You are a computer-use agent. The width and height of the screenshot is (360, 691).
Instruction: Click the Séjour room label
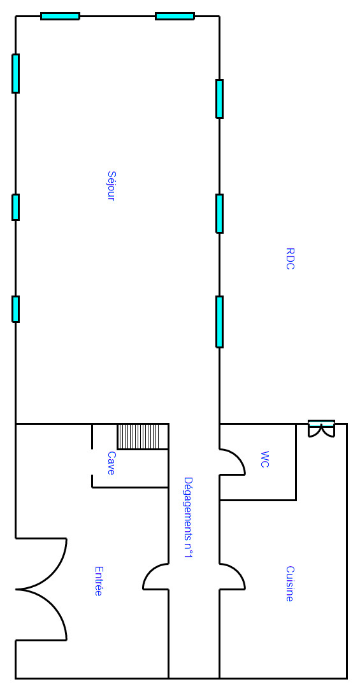point(111,186)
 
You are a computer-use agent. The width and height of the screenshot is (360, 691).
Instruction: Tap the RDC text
point(290,259)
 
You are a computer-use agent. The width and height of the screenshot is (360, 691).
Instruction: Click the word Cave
point(111,463)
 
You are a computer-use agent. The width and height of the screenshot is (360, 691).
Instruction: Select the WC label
point(264,459)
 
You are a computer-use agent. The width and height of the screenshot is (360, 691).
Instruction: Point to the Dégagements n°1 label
point(189,518)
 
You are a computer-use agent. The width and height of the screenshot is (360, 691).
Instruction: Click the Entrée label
point(98,581)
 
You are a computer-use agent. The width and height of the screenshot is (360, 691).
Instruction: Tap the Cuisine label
point(289,584)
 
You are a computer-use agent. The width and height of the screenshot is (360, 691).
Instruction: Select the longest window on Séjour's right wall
point(219,322)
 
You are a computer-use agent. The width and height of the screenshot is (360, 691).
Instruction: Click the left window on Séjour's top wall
point(61,17)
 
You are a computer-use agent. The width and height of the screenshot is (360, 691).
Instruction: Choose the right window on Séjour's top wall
point(175,17)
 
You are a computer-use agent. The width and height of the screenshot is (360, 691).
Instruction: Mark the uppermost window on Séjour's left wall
point(15,74)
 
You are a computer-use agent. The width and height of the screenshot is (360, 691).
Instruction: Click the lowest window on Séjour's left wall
point(15,309)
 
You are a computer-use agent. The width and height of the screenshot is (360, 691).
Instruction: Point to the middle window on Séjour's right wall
point(219,213)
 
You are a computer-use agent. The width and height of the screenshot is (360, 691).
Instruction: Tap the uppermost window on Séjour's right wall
point(219,99)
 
